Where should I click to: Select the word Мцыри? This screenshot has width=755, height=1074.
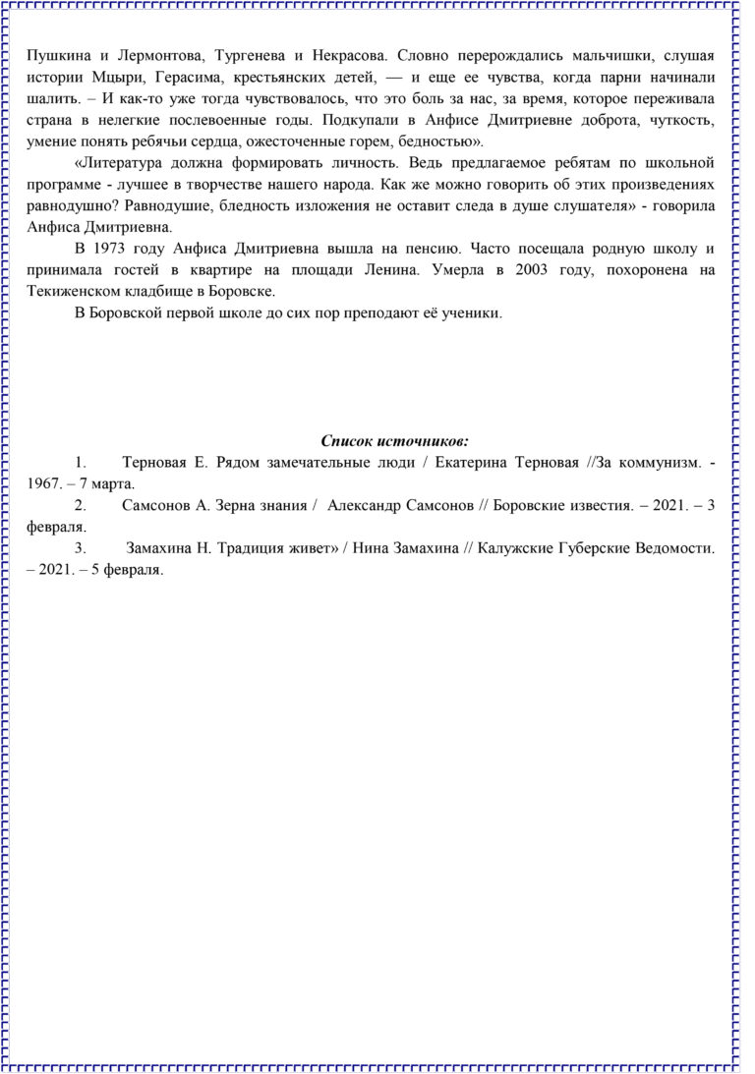[x=108, y=77]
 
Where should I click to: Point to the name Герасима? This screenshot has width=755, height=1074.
[x=187, y=77]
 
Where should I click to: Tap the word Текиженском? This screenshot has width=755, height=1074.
[x=72, y=292]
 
